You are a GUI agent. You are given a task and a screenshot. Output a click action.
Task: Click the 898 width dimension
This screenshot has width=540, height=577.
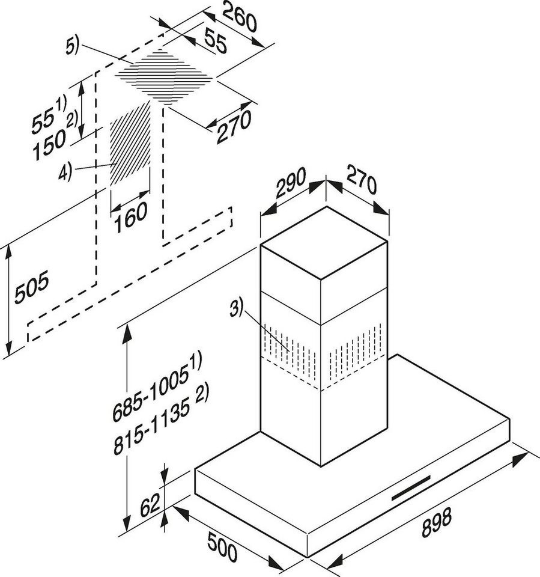tap(437, 522)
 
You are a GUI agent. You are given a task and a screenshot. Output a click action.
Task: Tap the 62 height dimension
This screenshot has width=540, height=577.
tap(150, 505)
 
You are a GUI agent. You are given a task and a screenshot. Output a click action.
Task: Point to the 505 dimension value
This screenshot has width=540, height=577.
tap(31, 287)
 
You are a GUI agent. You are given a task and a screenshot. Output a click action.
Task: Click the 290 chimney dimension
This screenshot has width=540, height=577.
tap(291, 182)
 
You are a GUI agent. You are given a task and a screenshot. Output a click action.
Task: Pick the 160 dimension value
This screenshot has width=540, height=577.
tap(130, 218)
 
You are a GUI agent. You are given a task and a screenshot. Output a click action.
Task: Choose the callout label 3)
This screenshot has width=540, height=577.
tap(237, 308)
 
